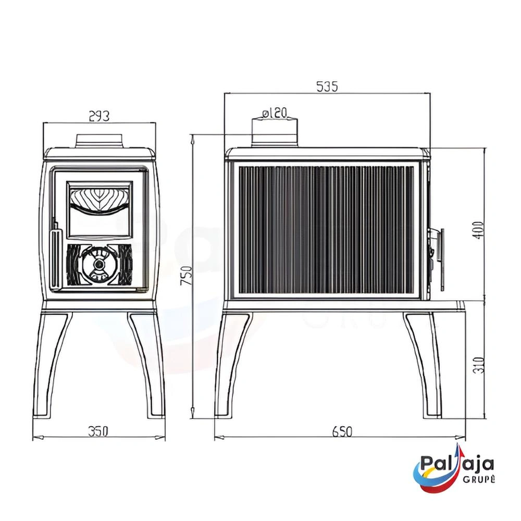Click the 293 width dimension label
[x=99, y=116]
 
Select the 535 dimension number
[x=327, y=86]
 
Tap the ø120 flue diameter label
[x=275, y=113]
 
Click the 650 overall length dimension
[x=342, y=431]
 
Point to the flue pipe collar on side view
[x=275, y=133]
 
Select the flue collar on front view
[x=100, y=140]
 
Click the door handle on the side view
[x=441, y=258]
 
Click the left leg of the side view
[x=232, y=365]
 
